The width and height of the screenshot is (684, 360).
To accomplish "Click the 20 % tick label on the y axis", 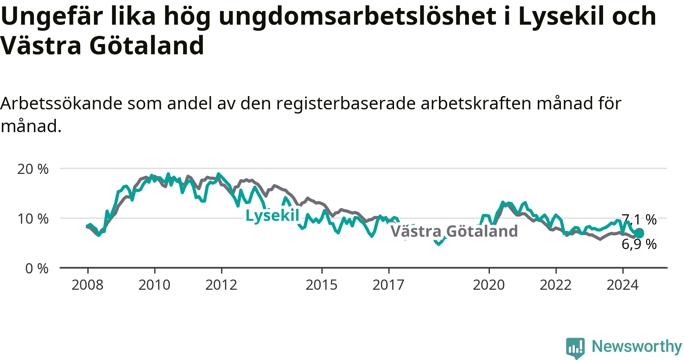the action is (x=33, y=169).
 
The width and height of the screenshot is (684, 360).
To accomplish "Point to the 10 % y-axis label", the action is (x=33, y=219).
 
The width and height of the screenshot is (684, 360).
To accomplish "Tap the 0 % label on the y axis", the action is (x=37, y=269).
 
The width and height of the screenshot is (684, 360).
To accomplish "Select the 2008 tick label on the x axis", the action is (x=87, y=285).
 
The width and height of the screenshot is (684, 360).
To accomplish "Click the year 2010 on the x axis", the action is (x=154, y=285).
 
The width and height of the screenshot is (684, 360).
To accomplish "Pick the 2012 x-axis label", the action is (x=221, y=285).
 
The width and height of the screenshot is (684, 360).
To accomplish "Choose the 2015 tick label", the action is (x=321, y=285).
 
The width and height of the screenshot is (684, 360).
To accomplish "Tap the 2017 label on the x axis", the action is (x=388, y=285).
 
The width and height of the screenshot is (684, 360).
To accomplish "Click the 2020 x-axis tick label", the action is (x=489, y=285).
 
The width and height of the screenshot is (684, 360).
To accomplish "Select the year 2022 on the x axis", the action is (x=556, y=285).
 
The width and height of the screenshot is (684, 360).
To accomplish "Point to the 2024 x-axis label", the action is (x=622, y=285).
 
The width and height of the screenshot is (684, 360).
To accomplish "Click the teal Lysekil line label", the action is (x=272, y=216).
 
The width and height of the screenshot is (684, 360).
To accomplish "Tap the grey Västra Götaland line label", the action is (x=454, y=231).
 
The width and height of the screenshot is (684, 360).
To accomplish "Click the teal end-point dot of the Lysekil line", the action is (x=639, y=233).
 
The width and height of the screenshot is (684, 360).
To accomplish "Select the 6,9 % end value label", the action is (x=639, y=244).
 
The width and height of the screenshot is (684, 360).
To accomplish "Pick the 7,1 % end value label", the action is (x=639, y=219).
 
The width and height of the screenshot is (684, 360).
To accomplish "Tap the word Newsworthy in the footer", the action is (x=637, y=346).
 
